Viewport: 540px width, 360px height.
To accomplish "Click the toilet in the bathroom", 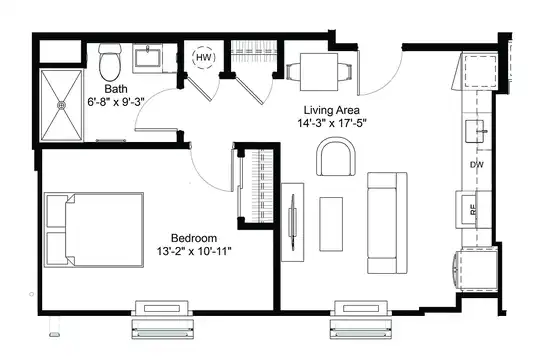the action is tap(110, 62).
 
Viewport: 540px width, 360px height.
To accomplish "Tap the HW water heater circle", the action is tap(203, 58).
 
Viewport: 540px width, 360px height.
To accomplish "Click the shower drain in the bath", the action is tap(62, 105).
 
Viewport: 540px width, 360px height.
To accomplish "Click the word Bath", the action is tap(116, 89).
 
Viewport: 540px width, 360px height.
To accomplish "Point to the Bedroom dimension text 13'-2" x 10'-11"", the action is tap(194, 251).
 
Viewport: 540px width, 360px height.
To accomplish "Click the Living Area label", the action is tap(332, 110).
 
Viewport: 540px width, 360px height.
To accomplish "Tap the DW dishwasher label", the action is tap(477, 165).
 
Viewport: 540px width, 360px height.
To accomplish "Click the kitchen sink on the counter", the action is tap(477, 131).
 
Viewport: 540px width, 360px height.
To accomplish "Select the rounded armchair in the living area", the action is tap(336, 156).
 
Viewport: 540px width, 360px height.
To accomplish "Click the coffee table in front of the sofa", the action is tap(331, 224).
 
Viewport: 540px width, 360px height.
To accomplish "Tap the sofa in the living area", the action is tap(387, 223).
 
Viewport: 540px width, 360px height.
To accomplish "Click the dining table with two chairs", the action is tap(319, 72).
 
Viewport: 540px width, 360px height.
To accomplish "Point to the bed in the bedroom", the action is tap(94, 230).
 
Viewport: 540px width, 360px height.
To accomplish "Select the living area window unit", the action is tap(361, 320).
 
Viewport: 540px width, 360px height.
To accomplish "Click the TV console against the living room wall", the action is tap(293, 222).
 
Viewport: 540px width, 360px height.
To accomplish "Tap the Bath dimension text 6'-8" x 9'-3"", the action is tap(116, 102).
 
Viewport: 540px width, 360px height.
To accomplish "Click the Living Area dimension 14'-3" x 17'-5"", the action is tap(332, 123).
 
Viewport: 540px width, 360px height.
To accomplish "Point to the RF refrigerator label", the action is tap(474, 209).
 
